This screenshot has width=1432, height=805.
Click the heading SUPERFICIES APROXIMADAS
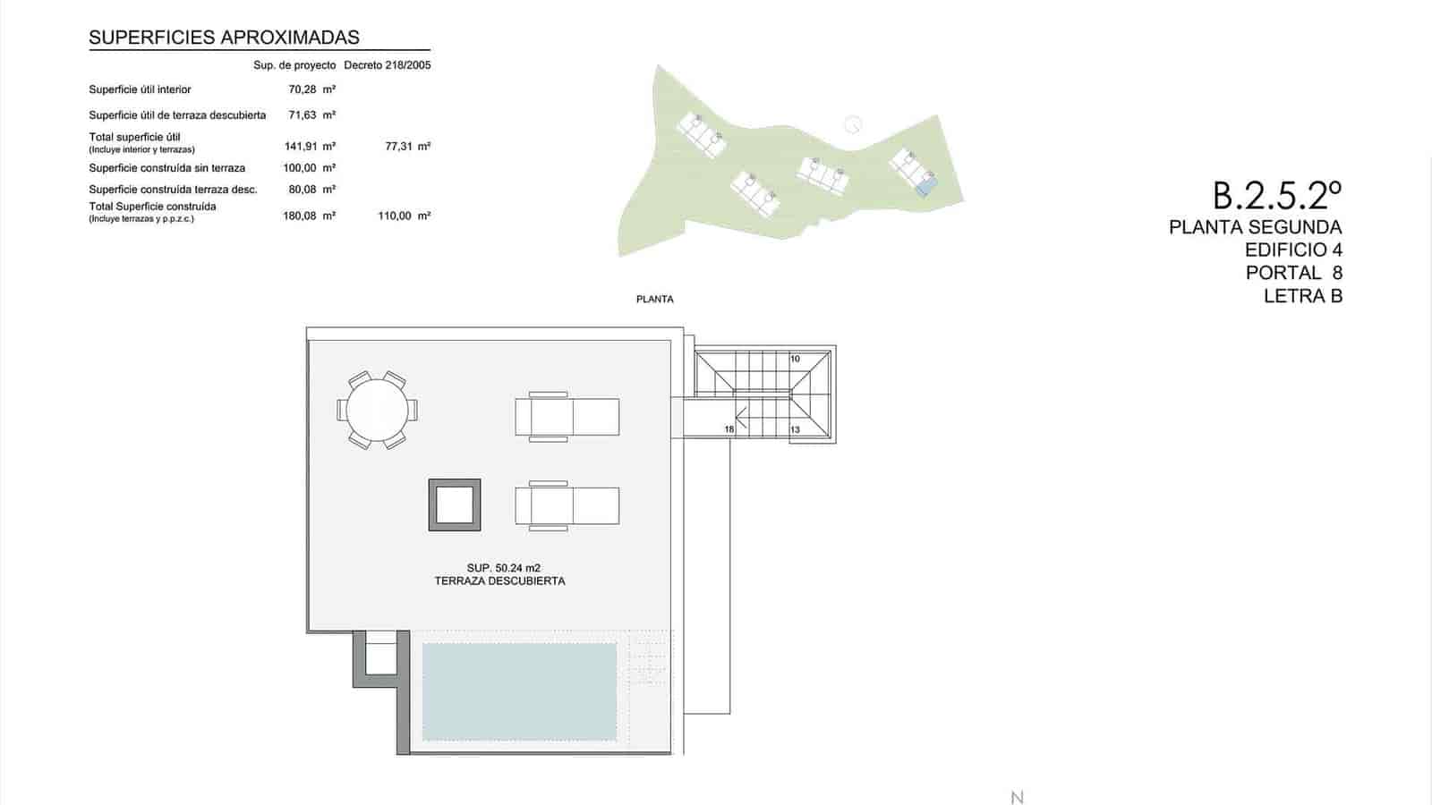(224, 38)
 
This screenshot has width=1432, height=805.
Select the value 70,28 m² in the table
(311, 89)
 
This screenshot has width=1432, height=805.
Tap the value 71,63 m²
(311, 115)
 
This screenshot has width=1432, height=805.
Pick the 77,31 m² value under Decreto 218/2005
(407, 147)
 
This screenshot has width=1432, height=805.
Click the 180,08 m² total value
(309, 216)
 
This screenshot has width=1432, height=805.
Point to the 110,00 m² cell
(405, 216)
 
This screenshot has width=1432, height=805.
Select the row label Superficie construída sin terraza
(166, 168)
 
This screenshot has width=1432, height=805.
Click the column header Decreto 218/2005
(387, 65)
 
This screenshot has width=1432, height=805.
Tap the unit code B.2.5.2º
(1277, 194)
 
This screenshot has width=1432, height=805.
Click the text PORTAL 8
(1293, 273)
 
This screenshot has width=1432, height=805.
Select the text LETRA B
(1302, 296)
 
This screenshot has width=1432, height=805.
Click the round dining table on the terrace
(377, 410)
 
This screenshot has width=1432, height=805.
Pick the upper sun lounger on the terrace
(567, 417)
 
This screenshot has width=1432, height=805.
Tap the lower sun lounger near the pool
(567, 505)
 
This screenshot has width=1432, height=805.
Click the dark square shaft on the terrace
(455, 505)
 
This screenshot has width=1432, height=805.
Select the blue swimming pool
(519, 691)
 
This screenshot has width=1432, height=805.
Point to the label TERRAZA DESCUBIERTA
(499, 580)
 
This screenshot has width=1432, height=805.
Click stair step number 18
(729, 429)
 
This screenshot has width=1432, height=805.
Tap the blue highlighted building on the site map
(926, 187)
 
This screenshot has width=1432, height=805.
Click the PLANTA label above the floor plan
(654, 300)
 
